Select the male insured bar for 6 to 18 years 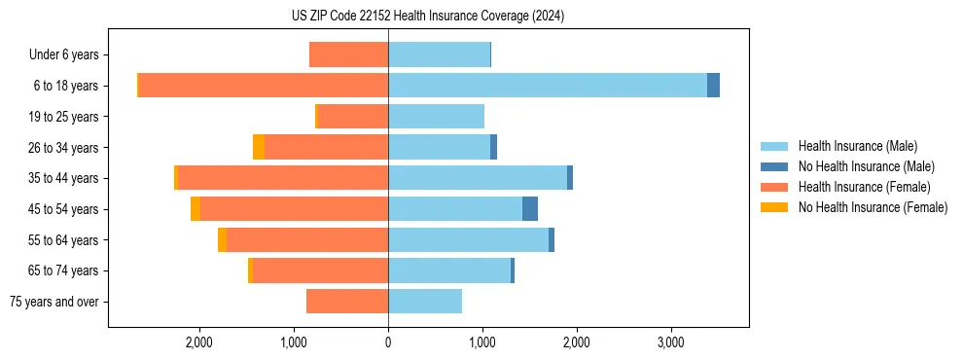point(547,85)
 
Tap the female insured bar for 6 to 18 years point(263,85)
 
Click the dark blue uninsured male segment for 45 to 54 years point(530,208)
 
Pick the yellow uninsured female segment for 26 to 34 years point(259,147)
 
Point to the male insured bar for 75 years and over point(425,302)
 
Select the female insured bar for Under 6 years point(348,54)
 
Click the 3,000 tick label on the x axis point(670,342)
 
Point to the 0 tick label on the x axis point(388,342)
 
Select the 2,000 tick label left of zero point(199,342)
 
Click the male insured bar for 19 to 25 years point(436,116)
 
